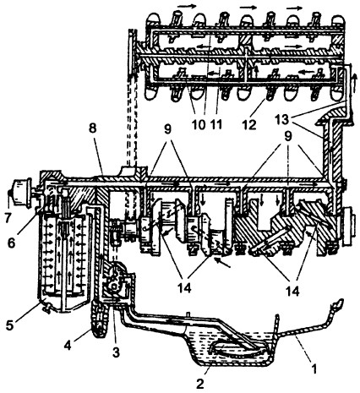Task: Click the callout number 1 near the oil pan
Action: coord(314,368)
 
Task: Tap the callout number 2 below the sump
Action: coord(199,384)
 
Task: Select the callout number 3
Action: coord(116,352)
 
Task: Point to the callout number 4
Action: coord(67,346)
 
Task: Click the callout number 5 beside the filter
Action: coord(10,325)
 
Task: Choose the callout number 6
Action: coord(11,243)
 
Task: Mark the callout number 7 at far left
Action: coord(8,219)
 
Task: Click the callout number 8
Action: coord(92,128)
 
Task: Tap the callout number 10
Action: coord(199,124)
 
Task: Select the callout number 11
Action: coord(215,124)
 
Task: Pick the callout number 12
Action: coord(249,124)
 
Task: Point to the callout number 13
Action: coord(283,120)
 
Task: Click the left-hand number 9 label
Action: coord(168,130)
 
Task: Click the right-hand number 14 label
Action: coord(292,292)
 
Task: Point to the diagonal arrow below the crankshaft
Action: coord(223,264)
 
